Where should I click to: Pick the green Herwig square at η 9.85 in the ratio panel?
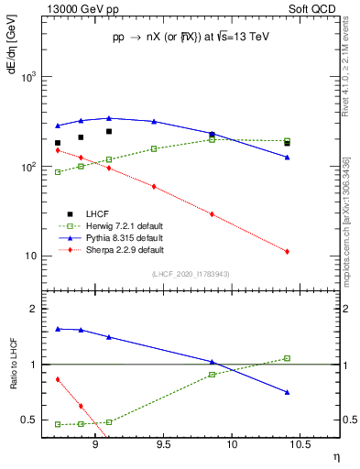pyautogui.click(x=212, y=375)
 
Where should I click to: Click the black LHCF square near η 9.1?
pyautogui.click(x=109, y=132)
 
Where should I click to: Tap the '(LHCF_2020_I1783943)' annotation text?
pyautogui.click(x=190, y=275)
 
